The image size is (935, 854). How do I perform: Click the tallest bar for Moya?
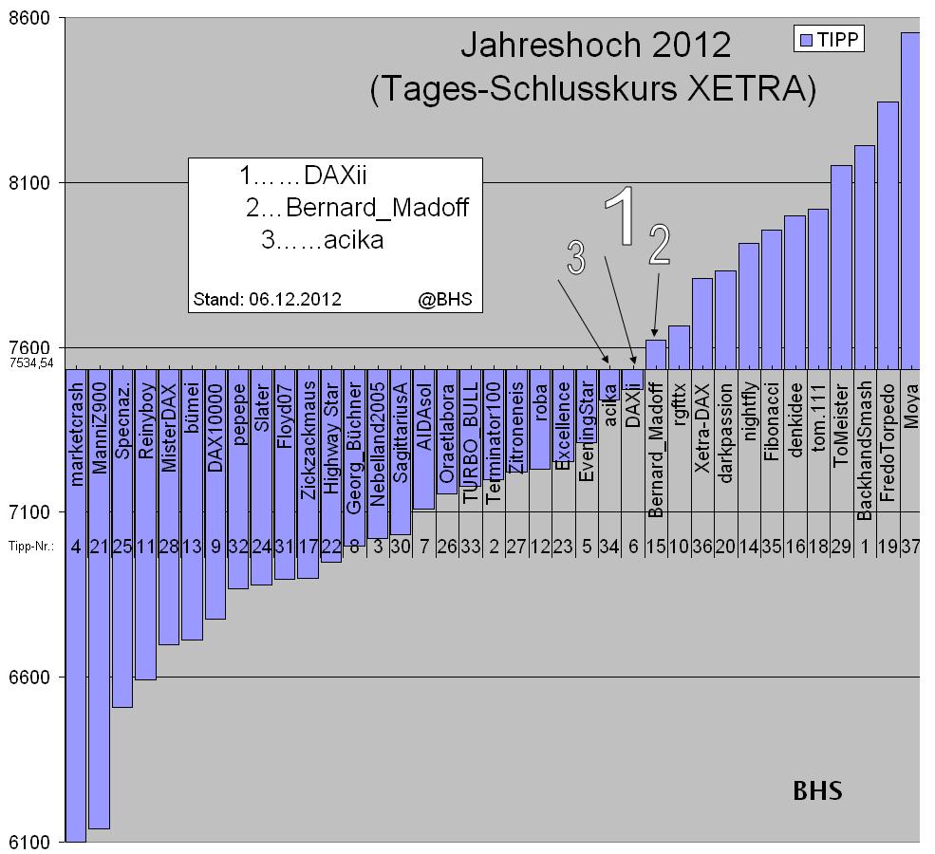[910, 199]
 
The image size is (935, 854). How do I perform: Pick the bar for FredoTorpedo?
[888, 237]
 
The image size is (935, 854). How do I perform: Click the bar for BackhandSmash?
[864, 256]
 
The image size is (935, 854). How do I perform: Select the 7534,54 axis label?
[31, 362]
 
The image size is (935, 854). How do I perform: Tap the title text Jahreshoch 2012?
[595, 46]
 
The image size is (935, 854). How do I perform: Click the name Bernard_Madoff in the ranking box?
[377, 208]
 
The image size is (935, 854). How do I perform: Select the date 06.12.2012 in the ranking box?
[295, 299]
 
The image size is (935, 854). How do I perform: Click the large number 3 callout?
[575, 257]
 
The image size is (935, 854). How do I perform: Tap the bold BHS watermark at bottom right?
[817, 790]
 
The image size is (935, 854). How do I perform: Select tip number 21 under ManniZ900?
[99, 546]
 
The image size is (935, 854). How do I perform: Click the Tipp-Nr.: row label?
[29, 546]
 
